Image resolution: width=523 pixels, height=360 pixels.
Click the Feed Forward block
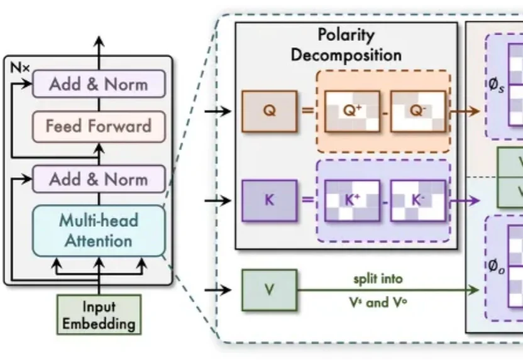(x=99, y=127)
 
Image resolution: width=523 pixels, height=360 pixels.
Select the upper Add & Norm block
(x=99, y=84)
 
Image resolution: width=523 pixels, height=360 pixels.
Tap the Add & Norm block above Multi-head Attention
(x=99, y=179)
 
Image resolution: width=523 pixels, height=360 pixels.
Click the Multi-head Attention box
(x=99, y=231)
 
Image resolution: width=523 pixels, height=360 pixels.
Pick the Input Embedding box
(x=99, y=315)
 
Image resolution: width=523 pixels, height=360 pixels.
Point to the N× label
(x=19, y=68)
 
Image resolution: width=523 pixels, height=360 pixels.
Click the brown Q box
(x=270, y=111)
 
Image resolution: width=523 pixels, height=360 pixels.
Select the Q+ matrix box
(x=352, y=111)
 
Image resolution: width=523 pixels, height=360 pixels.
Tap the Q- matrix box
(x=418, y=111)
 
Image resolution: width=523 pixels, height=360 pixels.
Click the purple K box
(x=270, y=200)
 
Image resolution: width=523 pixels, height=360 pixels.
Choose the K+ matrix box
(x=352, y=200)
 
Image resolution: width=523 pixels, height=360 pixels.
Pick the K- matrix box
(x=418, y=200)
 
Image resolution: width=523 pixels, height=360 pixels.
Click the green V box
(x=270, y=290)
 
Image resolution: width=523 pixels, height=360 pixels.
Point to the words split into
(x=378, y=279)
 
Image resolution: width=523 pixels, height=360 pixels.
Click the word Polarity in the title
(x=346, y=35)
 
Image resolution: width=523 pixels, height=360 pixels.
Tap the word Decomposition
(x=346, y=55)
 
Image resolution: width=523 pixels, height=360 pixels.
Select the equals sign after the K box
(x=307, y=200)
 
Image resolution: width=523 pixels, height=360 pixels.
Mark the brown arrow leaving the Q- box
(x=465, y=111)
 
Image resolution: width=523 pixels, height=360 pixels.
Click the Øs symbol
(x=497, y=85)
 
